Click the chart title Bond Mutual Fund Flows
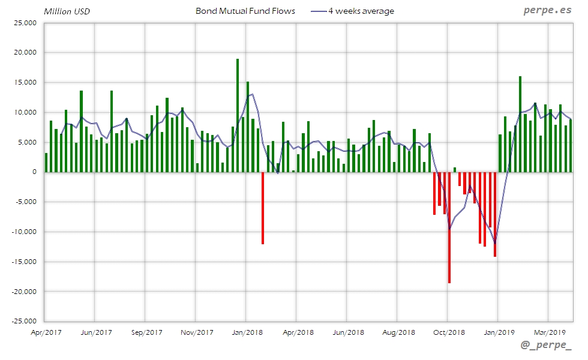tap(245, 11)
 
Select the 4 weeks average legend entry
tap(361, 11)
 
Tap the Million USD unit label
tap(67, 11)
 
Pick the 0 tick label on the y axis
tap(34, 172)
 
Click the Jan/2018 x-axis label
tap(247, 332)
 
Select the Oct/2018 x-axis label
tap(449, 332)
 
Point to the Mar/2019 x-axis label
tap(549, 332)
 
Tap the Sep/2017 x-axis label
tap(146, 332)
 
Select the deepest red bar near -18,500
tap(449, 227)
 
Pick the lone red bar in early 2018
tap(263, 208)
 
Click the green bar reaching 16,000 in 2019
tap(520, 124)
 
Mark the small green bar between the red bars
tap(455, 170)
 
